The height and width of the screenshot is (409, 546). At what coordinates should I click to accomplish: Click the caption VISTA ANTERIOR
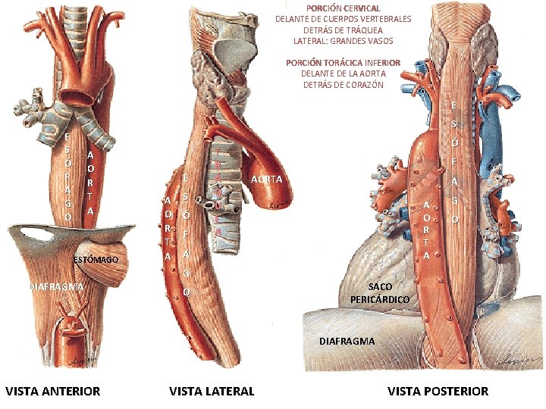[52, 391]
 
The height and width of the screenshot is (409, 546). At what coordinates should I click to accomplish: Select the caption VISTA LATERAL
[212, 391]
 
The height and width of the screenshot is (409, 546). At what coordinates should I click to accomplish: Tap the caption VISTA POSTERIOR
[438, 391]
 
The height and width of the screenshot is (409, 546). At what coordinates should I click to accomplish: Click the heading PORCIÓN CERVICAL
[343, 8]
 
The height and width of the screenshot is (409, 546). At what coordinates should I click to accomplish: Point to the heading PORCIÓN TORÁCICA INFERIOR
[343, 62]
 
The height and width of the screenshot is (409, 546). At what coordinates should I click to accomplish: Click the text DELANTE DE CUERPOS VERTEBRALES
[343, 18]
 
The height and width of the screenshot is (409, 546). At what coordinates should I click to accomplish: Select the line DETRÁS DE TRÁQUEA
[343, 30]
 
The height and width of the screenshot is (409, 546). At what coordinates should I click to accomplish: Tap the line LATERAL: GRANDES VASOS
[343, 40]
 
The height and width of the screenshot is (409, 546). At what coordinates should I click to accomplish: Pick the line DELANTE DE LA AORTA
[343, 73]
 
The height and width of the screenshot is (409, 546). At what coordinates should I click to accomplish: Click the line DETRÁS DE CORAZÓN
[343, 84]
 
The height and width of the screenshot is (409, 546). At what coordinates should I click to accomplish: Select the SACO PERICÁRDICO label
[379, 293]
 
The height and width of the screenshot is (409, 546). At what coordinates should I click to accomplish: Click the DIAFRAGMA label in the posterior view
[347, 341]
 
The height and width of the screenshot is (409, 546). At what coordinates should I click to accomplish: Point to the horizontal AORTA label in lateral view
[266, 180]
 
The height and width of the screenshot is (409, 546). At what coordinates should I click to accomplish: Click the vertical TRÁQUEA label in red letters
[218, 193]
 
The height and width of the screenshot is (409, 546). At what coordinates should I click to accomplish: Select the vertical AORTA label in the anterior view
[90, 182]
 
